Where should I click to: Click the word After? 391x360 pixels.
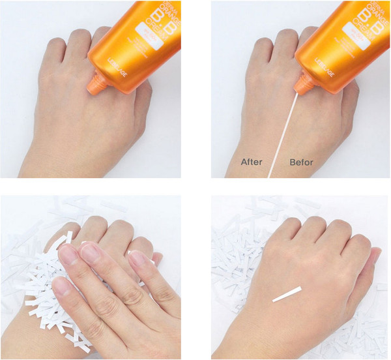point(252,161)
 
